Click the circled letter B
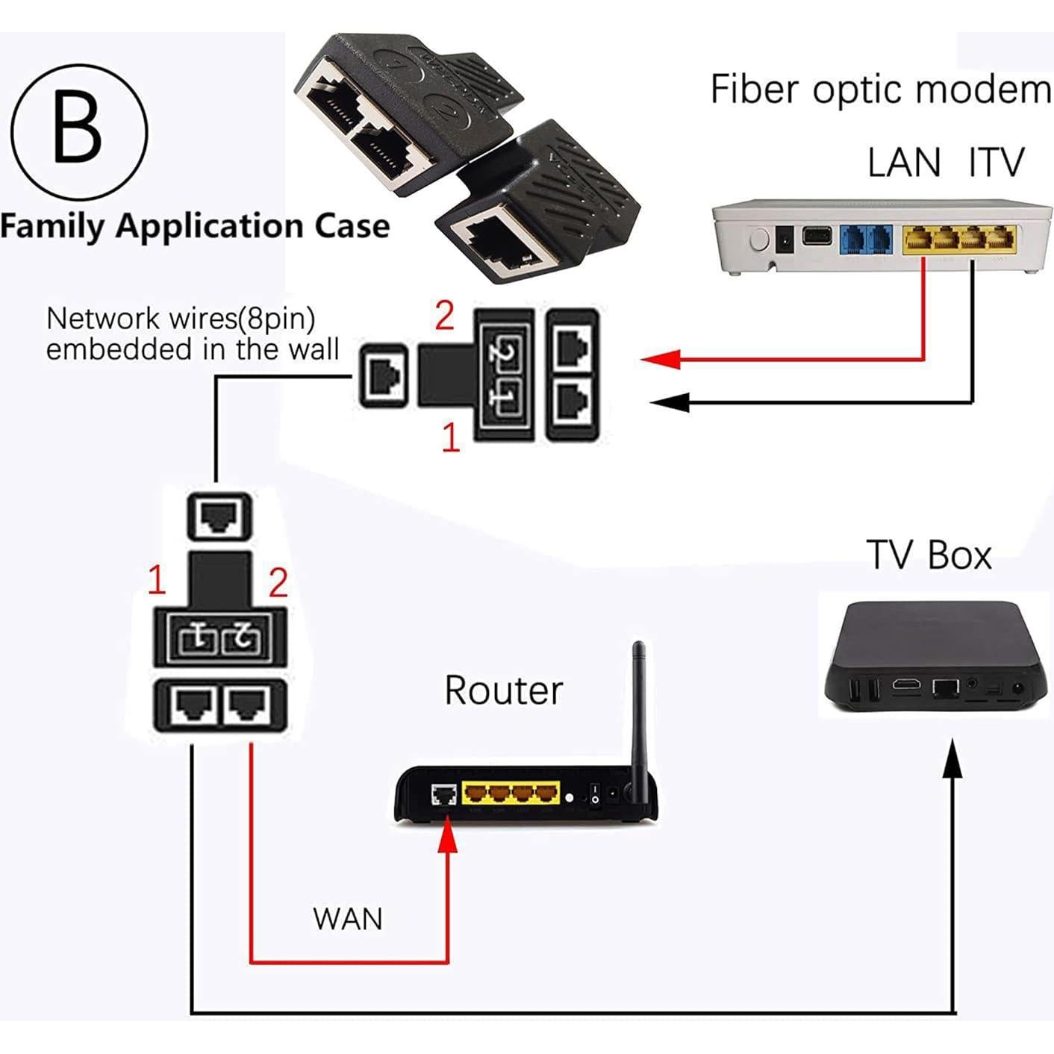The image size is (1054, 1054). [78, 131]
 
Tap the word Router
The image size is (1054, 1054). [503, 690]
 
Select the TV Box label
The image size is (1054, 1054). [929, 555]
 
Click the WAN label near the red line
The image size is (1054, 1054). [348, 919]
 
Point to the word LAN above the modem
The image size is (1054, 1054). [904, 163]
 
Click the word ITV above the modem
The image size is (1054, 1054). [997, 163]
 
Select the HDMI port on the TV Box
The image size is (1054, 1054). [907, 685]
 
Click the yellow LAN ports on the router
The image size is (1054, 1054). [511, 792]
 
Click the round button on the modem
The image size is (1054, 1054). [758, 240]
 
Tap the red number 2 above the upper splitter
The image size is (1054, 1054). [445, 316]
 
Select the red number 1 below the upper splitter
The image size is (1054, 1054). [451, 437]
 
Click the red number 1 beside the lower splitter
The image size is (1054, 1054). [157, 581]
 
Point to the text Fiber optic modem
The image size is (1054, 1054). [881, 90]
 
